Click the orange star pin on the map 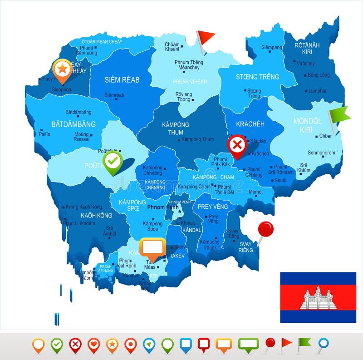[62, 69]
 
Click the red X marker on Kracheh [237, 146]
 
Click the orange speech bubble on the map [152, 247]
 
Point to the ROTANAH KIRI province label [307, 48]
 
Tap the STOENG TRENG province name [257, 77]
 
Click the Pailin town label [44, 134]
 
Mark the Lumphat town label [317, 91]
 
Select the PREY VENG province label [213, 207]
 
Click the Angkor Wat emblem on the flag [318, 298]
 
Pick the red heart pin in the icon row [93, 345]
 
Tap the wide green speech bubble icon [248, 344]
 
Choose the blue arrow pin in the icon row [149, 345]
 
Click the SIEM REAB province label [122, 80]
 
